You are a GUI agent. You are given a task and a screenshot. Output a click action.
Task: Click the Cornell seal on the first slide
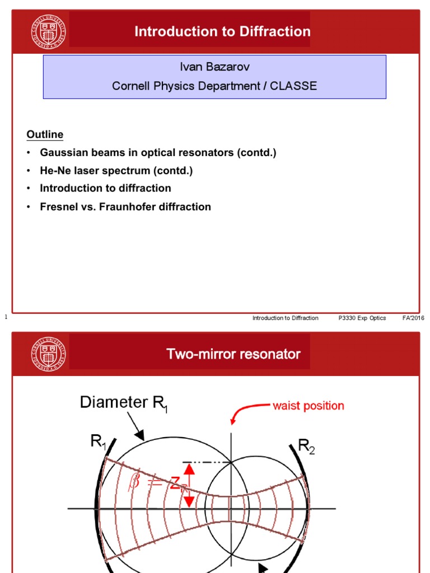49,31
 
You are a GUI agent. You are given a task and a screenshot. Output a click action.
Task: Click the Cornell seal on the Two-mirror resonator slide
49,354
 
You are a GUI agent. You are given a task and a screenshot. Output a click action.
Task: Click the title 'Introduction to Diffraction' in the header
222,31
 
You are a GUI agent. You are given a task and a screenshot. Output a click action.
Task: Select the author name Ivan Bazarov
214,67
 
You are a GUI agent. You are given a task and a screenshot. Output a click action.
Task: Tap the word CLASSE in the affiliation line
295,86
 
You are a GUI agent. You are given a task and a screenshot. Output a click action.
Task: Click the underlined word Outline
45,135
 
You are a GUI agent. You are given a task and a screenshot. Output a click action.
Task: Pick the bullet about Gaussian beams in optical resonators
158,153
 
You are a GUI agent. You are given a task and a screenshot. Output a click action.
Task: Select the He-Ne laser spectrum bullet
116,171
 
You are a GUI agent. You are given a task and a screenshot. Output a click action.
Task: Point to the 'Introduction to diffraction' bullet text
105,189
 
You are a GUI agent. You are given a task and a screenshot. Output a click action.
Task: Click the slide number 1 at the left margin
5,317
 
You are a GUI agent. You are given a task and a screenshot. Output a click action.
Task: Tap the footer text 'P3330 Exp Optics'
362,318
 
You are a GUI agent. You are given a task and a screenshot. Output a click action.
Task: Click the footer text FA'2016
413,318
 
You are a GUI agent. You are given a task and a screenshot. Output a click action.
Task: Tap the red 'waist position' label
308,406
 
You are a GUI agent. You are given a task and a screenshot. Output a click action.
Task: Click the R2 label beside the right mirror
306,447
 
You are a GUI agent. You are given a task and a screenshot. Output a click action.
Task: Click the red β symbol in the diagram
134,481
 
